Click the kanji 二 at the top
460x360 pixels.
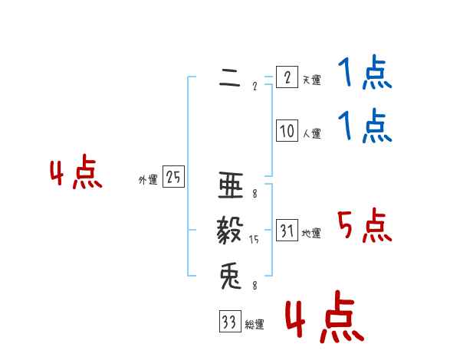tap(230, 78)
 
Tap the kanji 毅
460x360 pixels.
tap(230, 231)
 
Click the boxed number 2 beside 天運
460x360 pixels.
tap(286, 77)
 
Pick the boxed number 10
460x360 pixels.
tap(287, 131)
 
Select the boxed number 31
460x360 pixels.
tap(287, 231)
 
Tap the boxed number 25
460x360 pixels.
tap(173, 178)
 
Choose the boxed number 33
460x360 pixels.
tap(228, 322)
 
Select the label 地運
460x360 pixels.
tap(311, 234)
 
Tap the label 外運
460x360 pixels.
tap(148, 180)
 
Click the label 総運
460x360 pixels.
tap(255, 325)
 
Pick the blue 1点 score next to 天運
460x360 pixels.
tap(364, 76)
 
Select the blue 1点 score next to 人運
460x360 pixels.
tap(364, 127)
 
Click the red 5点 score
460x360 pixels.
tap(364, 226)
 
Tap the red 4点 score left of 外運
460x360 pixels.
tap(76, 174)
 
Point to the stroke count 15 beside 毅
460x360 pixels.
tap(254, 240)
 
